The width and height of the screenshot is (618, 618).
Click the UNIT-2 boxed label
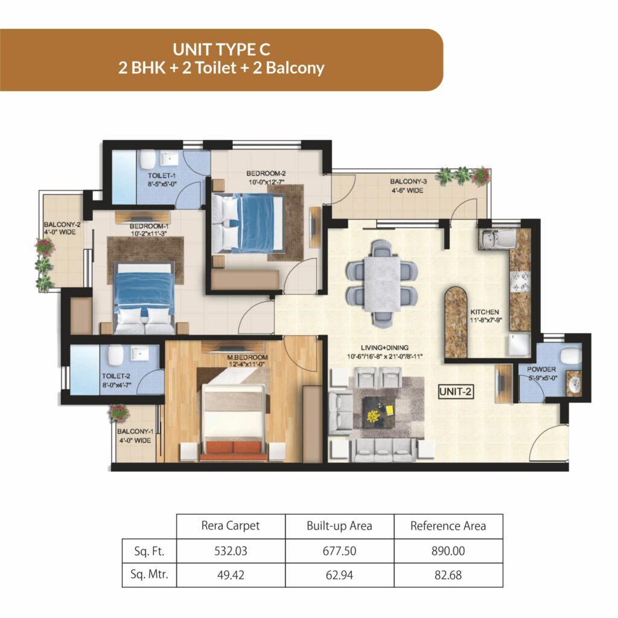point(456,391)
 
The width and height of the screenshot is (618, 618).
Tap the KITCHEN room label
point(485,312)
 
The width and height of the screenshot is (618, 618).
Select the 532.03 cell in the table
point(231,550)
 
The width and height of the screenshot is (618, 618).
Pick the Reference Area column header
point(448,526)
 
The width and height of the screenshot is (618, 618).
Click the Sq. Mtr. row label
point(149,575)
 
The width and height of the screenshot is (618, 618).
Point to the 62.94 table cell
point(339,575)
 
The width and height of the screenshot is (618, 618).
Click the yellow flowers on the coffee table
point(373,415)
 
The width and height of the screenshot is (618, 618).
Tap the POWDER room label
point(541,369)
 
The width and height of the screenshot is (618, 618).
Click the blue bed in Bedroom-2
point(247,223)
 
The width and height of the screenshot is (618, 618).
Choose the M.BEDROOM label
point(247,357)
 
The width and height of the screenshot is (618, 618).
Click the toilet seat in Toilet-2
point(115,355)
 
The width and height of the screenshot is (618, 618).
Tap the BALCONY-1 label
point(135,431)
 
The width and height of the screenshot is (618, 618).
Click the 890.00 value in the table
point(448,550)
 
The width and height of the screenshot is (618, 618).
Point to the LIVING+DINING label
point(384,348)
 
